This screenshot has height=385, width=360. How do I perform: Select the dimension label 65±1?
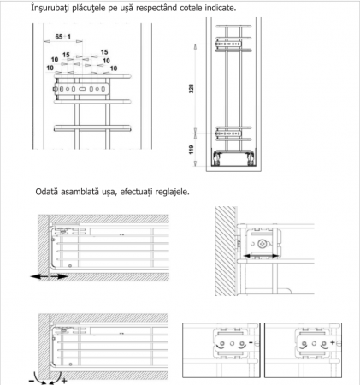63,37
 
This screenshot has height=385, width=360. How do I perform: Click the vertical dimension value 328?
192,88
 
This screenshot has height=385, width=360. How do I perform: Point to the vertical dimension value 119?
192,150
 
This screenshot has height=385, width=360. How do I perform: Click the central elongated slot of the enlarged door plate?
82,89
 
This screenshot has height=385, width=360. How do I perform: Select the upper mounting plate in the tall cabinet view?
228,44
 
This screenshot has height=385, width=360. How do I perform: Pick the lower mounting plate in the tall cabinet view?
228,133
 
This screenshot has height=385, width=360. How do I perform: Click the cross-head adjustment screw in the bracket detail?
262,244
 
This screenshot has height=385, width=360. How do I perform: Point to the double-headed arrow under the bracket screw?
262,256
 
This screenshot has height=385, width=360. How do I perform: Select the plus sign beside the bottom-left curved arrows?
64,381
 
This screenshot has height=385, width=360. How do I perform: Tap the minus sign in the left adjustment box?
251,342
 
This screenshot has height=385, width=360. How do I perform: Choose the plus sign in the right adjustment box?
333,342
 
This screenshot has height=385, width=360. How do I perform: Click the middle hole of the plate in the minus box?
232,344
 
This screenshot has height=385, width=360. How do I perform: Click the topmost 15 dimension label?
104,52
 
